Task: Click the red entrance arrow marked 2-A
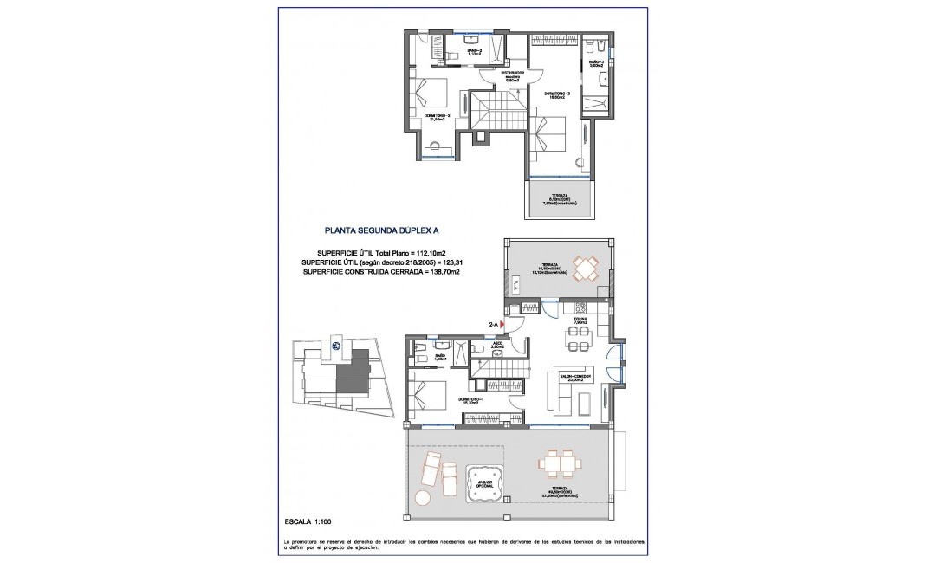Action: click(x=502, y=324)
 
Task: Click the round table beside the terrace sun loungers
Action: click(x=422, y=497)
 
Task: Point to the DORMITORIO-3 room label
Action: click(x=557, y=94)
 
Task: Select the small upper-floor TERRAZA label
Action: click(x=560, y=199)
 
